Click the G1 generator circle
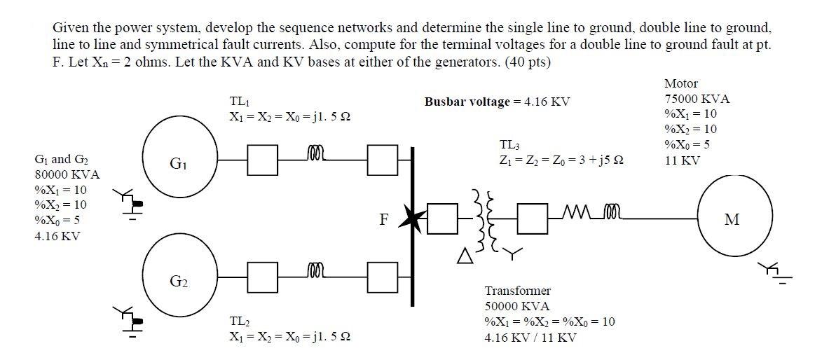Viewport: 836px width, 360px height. point(177,164)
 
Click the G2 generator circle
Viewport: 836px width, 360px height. point(178,281)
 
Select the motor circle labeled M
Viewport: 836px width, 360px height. point(734,219)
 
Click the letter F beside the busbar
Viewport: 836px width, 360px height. point(383,220)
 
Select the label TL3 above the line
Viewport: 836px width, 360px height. point(509,145)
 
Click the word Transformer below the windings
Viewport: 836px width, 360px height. point(517,291)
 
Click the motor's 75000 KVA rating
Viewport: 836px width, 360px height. point(697,99)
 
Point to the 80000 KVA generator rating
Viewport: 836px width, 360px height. point(67,174)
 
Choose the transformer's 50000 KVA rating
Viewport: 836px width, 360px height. point(517,306)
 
